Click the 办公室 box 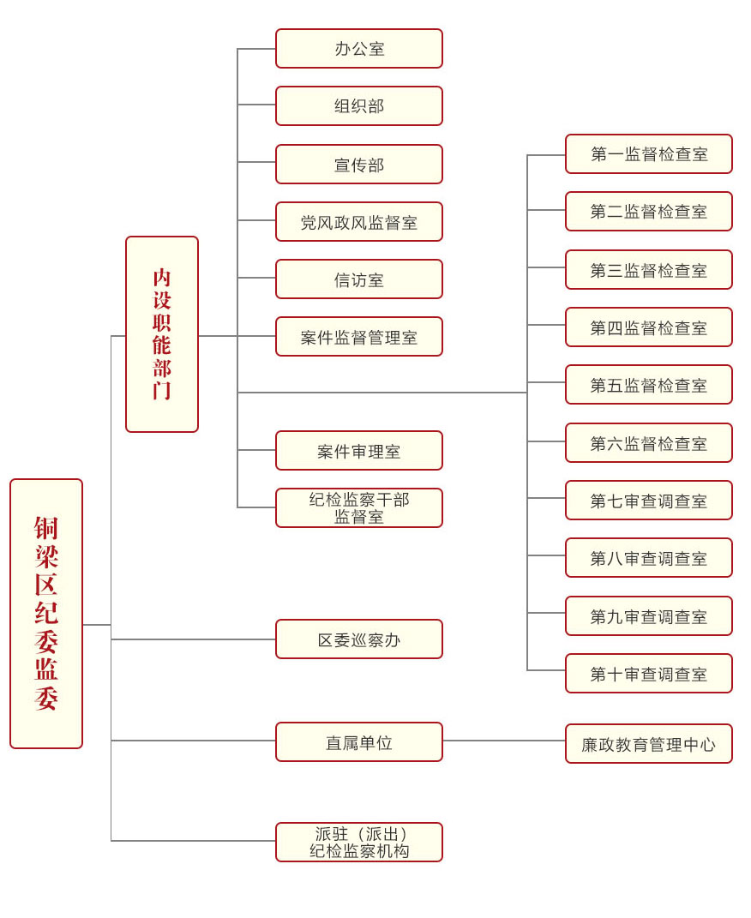point(358,49)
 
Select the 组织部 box point(358,106)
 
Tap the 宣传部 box point(358,165)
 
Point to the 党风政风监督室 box point(358,222)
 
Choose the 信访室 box point(358,279)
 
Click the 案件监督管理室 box point(358,337)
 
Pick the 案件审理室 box point(358,451)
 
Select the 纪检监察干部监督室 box point(358,508)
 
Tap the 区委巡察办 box point(358,639)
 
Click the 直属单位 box point(358,742)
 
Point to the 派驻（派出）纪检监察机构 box point(358,843)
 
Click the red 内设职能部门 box point(162,334)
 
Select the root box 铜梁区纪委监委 point(46,614)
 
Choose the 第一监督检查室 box point(649,154)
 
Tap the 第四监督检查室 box point(649,327)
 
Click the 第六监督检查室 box point(649,443)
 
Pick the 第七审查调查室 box point(649,501)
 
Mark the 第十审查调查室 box point(649,674)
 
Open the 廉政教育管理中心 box point(649,744)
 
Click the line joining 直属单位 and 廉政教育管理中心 point(504,741)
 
